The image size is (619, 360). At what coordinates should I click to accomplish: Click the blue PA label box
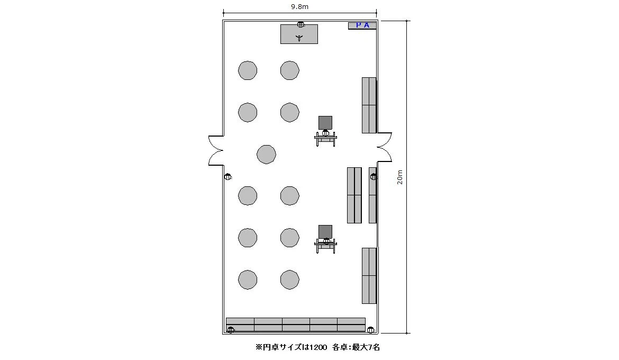[362, 26]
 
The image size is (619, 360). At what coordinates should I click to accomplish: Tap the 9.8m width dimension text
[299, 6]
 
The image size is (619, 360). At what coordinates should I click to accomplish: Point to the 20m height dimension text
[400, 177]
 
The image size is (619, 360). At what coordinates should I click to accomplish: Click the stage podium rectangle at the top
[299, 34]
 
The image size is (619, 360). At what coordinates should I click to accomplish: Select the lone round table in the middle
[267, 154]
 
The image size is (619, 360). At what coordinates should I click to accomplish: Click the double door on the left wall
[216, 150]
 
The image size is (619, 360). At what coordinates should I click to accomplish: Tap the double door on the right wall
[384, 147]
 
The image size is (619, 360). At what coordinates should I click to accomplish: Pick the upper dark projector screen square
[325, 122]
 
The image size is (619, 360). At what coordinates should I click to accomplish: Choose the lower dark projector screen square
[325, 232]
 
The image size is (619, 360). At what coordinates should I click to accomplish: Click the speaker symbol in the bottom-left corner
[231, 330]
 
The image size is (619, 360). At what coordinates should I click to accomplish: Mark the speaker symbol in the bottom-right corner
[370, 330]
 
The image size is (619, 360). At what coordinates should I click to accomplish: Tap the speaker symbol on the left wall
[228, 177]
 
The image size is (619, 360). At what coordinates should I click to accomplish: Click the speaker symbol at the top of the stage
[301, 24]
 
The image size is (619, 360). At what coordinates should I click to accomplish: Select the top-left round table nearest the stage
[248, 70]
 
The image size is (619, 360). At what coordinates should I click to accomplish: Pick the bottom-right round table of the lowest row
[290, 280]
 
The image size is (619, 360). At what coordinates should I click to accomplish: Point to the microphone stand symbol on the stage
[299, 38]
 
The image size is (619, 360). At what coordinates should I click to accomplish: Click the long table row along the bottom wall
[296, 325]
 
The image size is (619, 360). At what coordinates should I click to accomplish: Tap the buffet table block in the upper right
[369, 105]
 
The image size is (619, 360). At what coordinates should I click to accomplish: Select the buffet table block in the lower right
[369, 276]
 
